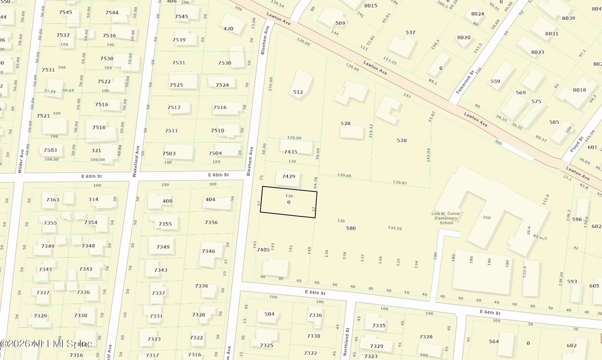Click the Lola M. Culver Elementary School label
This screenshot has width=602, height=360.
[446, 218]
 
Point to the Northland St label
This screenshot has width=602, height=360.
[347, 341]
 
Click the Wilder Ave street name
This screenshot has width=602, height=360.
[20, 161]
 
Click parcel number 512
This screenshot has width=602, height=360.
[298, 92]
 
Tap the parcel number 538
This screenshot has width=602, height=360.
[402, 141]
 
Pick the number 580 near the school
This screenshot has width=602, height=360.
[351, 228]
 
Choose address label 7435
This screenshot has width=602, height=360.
[291, 152]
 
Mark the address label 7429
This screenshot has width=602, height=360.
[288, 176]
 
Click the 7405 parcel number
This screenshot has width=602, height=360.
[263, 250]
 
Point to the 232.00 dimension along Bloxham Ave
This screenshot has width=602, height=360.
[271, 84]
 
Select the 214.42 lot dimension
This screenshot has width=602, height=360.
[371, 131]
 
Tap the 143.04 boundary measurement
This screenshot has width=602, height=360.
[428, 155]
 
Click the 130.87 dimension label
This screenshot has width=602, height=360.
[400, 183]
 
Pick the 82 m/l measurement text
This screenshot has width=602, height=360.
[540, 237]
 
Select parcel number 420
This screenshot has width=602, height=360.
[228, 29]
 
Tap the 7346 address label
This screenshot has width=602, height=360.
[208, 251]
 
